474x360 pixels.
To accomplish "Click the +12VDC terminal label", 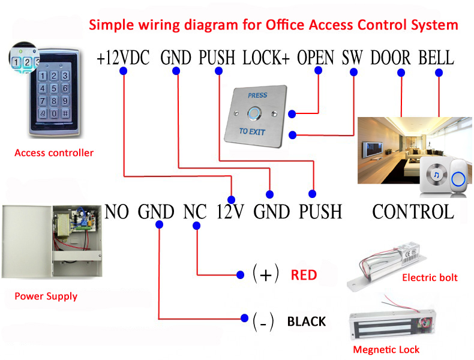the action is coord(123,58).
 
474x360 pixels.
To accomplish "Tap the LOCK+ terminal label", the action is coord(266,58).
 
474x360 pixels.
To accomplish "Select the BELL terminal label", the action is coord(436,58).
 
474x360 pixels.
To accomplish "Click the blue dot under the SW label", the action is coord(353,72).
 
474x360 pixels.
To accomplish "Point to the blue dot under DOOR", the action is coord(401,73).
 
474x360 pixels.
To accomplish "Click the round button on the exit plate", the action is coord(254,113).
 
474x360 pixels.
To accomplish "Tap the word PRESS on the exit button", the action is coord(257,95).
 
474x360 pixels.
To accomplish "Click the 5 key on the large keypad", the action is coord(54,88).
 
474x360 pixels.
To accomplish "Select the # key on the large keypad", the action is coord(65,113).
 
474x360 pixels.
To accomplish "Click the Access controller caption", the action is coord(54,153).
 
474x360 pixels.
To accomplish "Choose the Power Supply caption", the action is coord(46,296).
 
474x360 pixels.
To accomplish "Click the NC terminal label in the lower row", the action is coord(195,212).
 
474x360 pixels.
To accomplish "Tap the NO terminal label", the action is coord(116,212).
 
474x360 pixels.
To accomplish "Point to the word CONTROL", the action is coord(413,212).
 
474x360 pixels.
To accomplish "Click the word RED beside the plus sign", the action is coord(304,275).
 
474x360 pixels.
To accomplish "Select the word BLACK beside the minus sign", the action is coord(307,322).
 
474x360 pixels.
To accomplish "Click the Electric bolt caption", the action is coord(430,277).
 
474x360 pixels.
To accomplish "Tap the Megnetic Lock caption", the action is coord(386,350).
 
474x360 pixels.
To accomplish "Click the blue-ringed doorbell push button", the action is coord(458,179).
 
